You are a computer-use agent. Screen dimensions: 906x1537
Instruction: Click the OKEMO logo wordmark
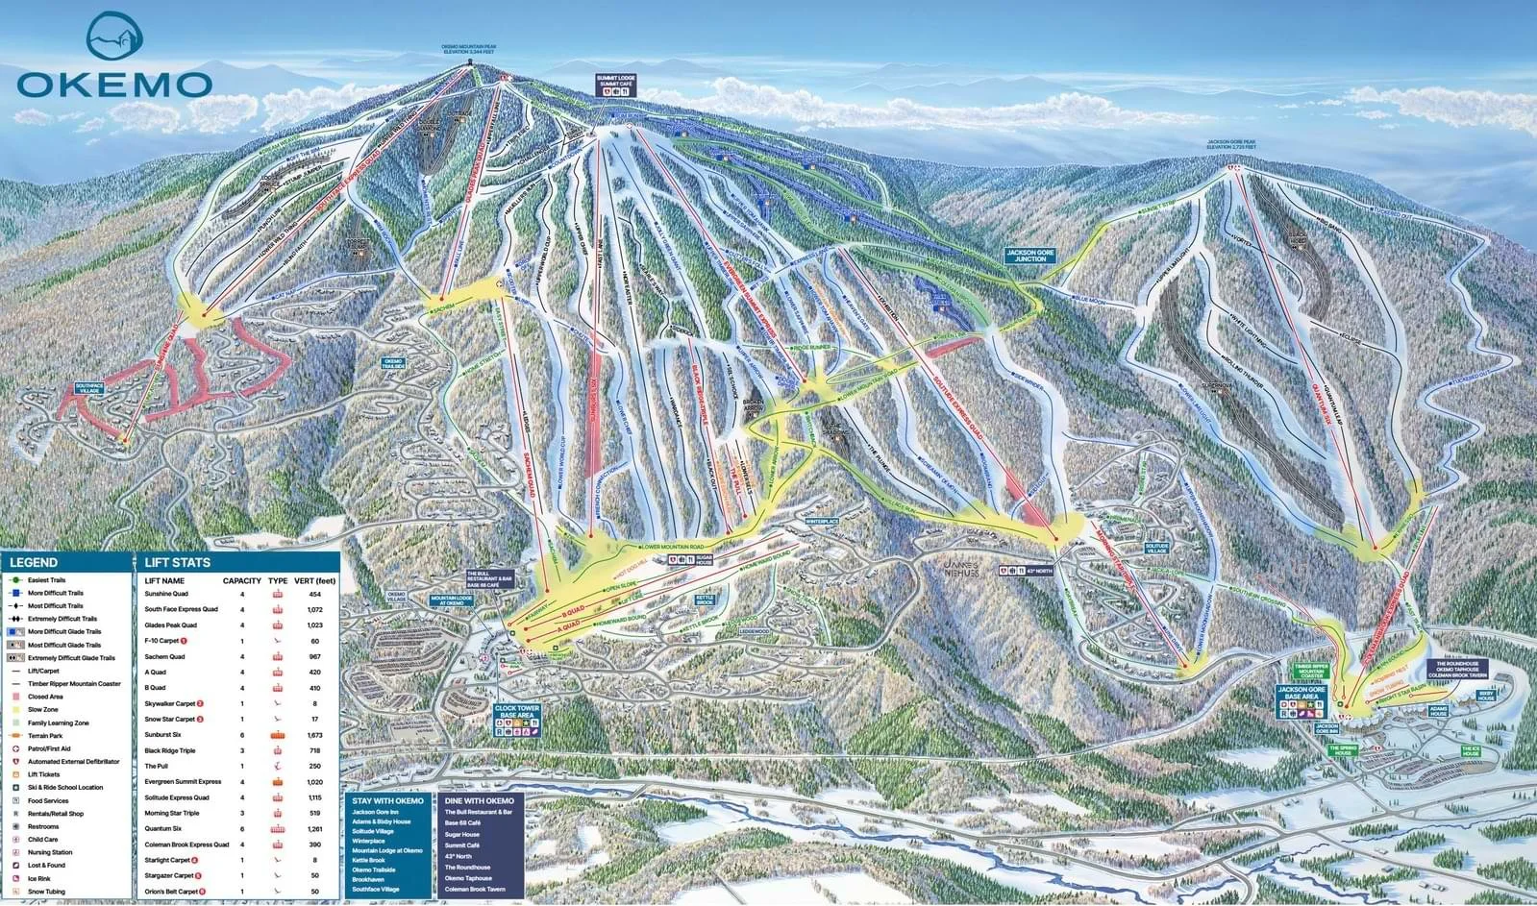coord(114,84)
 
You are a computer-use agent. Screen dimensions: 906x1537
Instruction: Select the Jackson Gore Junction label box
coord(1030,255)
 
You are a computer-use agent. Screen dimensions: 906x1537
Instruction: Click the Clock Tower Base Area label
coord(517,714)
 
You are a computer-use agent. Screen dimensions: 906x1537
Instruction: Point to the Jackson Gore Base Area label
coord(1301,694)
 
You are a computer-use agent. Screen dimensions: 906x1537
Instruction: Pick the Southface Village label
coord(88,388)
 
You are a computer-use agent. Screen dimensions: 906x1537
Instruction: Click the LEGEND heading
coord(34,562)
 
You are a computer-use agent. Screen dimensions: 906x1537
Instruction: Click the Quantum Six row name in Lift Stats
coord(164,828)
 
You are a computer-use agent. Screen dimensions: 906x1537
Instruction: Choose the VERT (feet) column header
coord(315,580)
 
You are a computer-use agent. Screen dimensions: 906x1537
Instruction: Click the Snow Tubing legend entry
coord(47,892)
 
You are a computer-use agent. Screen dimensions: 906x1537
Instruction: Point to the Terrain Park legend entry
coord(46,735)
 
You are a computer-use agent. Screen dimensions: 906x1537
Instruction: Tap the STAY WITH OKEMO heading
coord(387,800)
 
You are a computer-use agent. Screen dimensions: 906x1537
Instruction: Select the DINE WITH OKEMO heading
coord(480,800)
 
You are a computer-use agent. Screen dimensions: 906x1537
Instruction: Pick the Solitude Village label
coord(1156,547)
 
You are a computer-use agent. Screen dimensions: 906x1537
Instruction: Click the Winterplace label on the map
coord(822,521)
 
